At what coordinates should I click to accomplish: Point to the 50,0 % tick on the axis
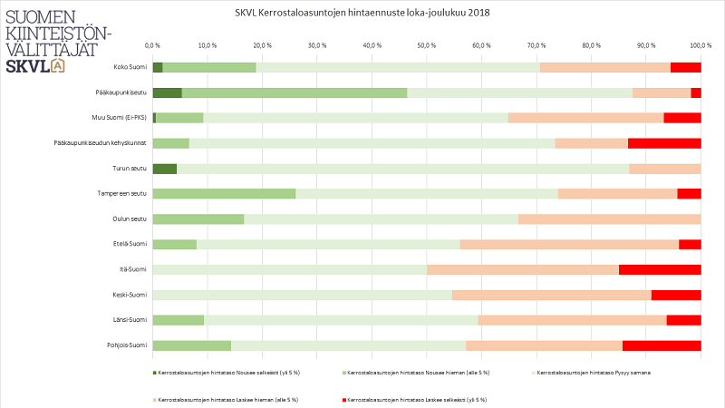[x=427, y=44]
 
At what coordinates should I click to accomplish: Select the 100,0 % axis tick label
[x=701, y=44]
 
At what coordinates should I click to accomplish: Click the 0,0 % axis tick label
[x=153, y=44]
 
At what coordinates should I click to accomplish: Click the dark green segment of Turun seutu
[x=164, y=169]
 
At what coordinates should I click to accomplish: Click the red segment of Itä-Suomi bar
[x=660, y=269]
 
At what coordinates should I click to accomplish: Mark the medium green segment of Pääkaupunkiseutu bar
[x=295, y=92]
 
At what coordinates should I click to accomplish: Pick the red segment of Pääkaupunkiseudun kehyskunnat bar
[x=664, y=143]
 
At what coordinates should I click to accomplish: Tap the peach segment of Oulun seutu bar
[x=609, y=219]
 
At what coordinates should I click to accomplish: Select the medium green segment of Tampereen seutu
[x=224, y=193]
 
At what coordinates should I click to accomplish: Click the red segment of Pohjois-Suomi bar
[x=662, y=345]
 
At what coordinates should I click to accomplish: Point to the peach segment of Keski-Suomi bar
[x=551, y=295]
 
